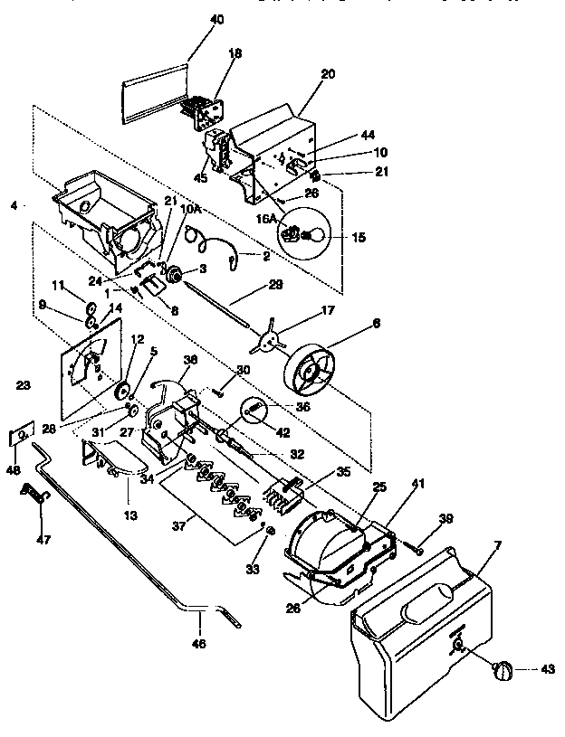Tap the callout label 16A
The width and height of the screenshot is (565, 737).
pos(265,218)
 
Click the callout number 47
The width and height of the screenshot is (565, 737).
pos(43,540)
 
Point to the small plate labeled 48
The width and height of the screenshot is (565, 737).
pos(20,437)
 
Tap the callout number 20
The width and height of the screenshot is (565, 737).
pos(327,74)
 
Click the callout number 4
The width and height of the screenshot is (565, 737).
pos(13,204)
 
